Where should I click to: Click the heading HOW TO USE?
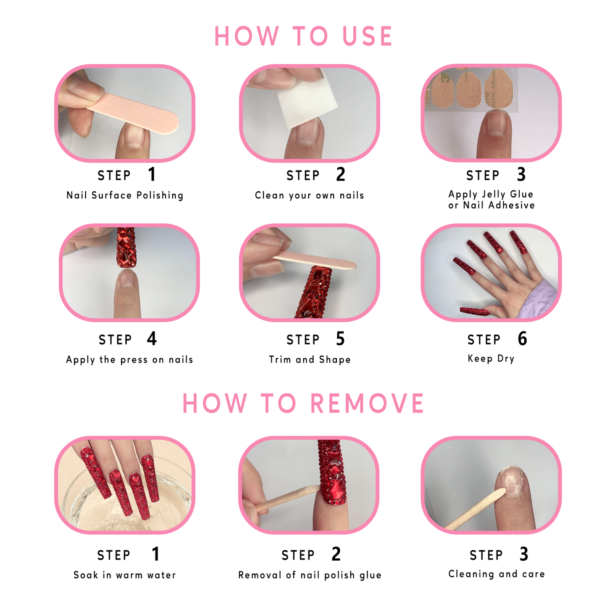tap(303, 36)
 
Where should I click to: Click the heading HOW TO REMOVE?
tap(303, 403)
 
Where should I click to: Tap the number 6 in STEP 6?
tap(522, 339)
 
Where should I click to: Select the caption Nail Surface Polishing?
tap(125, 195)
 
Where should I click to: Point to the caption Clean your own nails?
tap(309, 195)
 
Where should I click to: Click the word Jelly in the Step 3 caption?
tap(493, 194)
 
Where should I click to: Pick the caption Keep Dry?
tap(491, 358)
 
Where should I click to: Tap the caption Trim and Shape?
tap(310, 360)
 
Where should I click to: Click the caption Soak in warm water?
tap(125, 575)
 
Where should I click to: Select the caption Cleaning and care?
tap(497, 574)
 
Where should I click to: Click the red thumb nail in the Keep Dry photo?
tap(474, 311)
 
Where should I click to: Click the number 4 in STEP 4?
tap(152, 339)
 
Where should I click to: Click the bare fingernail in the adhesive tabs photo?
tap(499, 124)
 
